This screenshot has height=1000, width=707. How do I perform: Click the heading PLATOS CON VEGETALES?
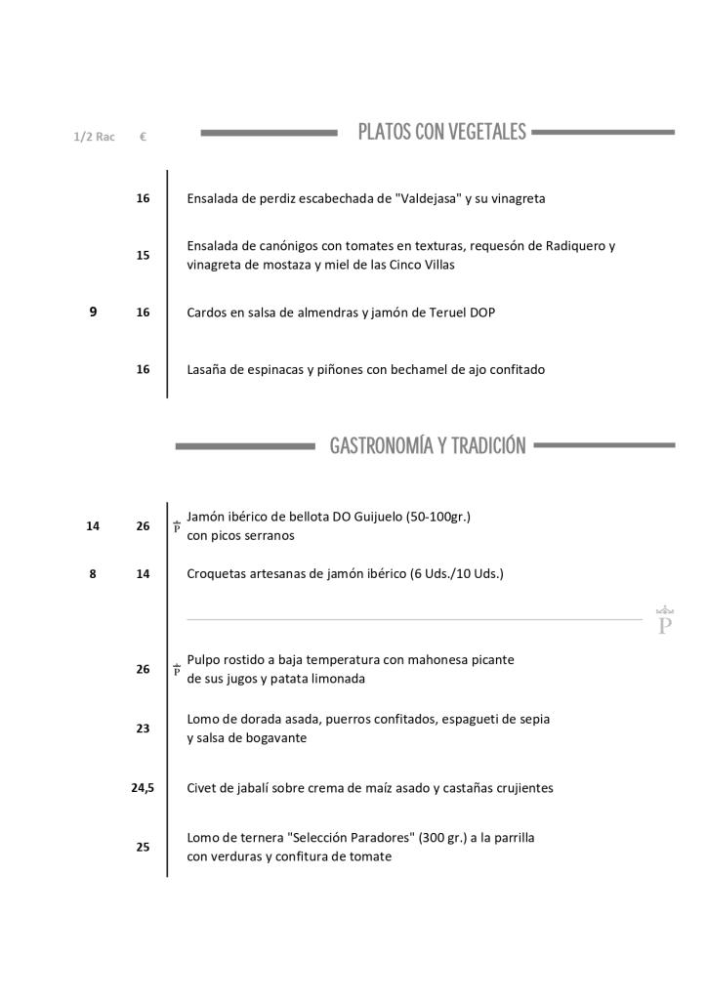coord(441,132)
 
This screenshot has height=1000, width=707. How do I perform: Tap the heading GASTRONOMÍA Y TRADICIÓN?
coord(428,446)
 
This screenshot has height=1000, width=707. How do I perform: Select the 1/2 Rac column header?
coord(94,137)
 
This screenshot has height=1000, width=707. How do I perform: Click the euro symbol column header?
coord(143,137)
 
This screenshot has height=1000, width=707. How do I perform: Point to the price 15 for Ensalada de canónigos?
coord(143,255)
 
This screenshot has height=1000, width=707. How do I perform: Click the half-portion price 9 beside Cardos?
coord(93,312)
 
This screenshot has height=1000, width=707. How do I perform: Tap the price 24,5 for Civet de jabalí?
coord(143,787)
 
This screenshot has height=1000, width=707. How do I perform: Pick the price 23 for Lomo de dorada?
coord(143,728)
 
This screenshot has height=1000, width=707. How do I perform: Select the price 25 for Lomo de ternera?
coord(143,847)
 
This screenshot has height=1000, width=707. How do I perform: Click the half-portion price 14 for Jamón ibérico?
coord(93,525)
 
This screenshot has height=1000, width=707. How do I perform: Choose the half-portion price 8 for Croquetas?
coord(93,574)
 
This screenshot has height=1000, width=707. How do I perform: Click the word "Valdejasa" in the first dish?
coord(429,198)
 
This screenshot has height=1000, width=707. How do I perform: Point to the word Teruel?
coord(445,312)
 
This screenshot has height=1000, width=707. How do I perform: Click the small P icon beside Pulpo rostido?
coord(177,670)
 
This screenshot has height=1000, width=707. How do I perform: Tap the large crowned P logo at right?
coord(666,620)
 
